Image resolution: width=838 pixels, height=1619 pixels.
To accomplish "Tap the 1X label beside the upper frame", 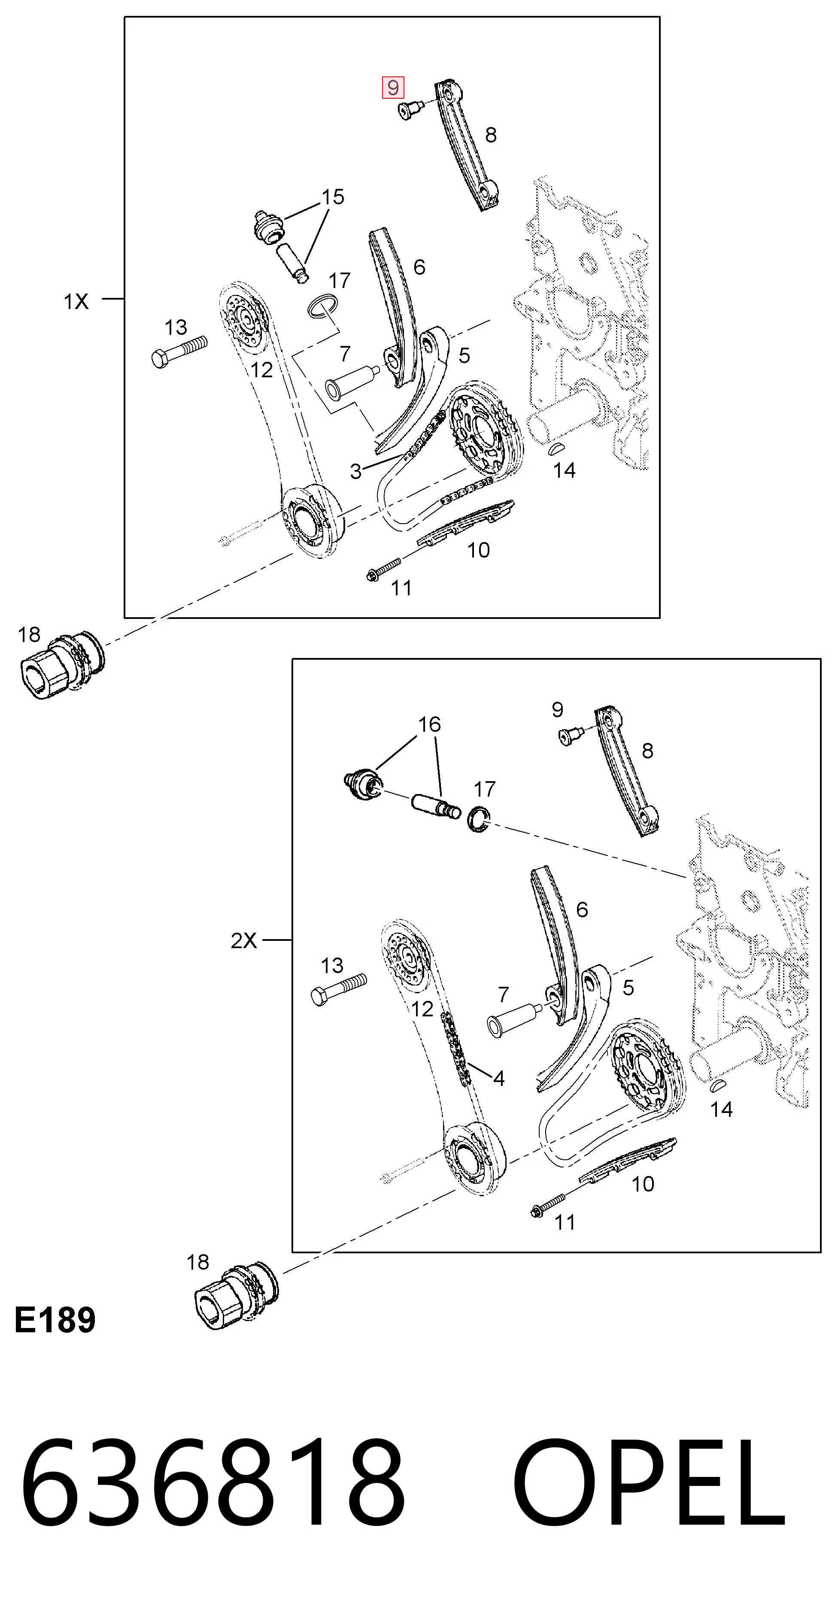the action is click(x=76, y=302).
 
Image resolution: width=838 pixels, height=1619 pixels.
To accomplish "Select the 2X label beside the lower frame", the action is click(x=244, y=940).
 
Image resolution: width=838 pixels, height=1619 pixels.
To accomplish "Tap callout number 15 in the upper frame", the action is click(x=333, y=197).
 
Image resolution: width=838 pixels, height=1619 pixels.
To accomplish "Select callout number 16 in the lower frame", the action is click(x=429, y=724).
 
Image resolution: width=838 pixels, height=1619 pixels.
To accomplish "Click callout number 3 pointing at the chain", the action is click(x=356, y=471).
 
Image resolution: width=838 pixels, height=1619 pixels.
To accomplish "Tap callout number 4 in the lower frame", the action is click(x=499, y=1079).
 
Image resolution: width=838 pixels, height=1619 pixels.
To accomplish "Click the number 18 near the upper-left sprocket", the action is click(x=29, y=635).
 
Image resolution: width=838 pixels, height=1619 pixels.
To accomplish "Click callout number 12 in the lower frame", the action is click(x=422, y=1009).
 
